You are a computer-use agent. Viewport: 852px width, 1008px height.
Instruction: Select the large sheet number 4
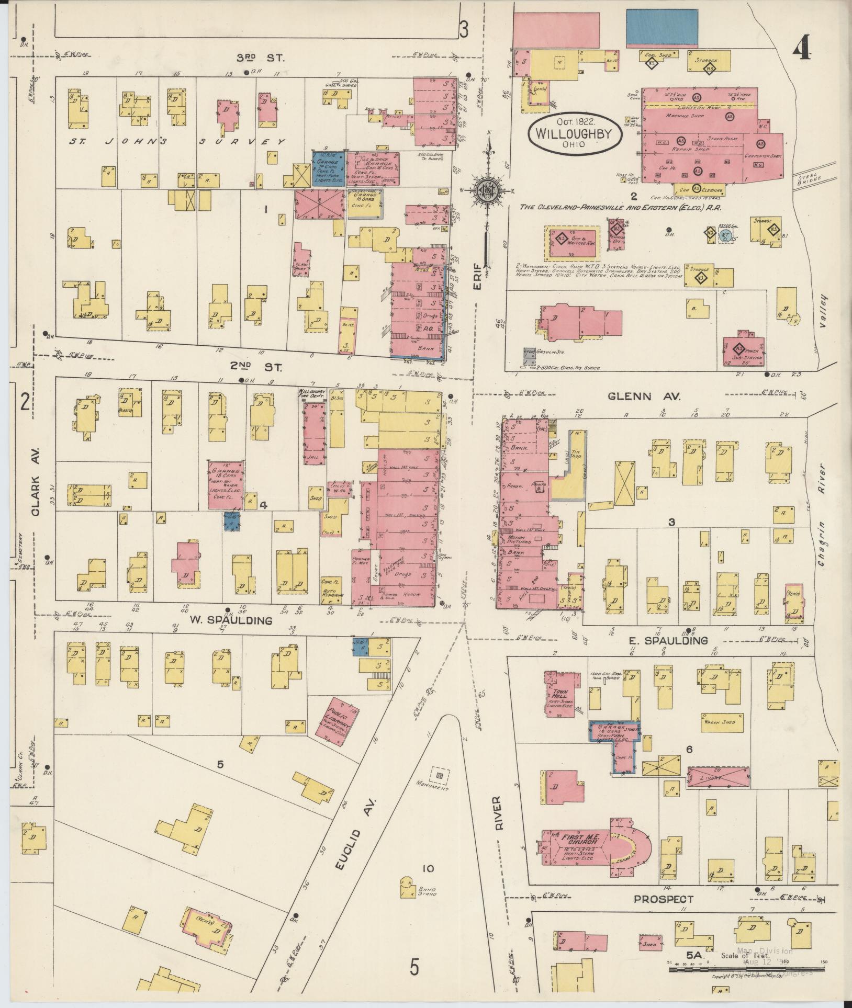coord(801,51)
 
